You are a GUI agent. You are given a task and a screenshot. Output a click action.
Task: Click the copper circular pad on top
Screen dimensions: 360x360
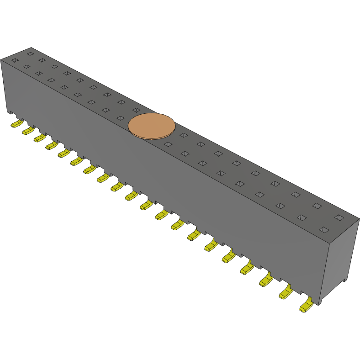coord(152,125)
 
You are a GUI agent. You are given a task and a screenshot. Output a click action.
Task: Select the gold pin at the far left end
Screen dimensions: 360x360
coord(17,123)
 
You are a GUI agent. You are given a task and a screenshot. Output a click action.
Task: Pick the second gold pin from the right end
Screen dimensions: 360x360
coord(286,292)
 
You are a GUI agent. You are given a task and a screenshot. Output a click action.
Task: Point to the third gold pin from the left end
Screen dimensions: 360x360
coord(39,138)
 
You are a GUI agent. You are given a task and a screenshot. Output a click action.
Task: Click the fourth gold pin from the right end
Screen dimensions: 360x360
coord(247,267)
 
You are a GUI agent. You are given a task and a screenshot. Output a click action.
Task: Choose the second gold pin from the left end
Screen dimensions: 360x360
coord(28,131)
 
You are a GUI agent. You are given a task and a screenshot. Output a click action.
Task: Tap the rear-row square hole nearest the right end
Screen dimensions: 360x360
coord(339,217)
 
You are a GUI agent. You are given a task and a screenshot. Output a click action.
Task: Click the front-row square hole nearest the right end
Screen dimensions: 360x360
coord(323,229)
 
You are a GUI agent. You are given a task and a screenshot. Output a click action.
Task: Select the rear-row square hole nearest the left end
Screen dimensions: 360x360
coord(30,54)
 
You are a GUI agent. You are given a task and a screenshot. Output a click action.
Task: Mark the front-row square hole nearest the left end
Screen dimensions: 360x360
coord(15,60)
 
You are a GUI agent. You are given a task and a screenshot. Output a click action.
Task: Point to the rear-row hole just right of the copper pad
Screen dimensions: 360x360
coord(184,135)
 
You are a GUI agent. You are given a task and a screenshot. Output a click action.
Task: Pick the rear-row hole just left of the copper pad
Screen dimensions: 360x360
coord(136,110)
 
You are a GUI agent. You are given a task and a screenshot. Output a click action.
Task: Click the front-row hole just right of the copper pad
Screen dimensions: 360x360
coord(168,144)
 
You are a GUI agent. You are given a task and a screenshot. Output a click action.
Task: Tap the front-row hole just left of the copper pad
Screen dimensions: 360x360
coord(120,118)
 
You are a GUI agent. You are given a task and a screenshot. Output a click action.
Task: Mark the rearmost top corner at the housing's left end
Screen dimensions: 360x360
coord(31,47)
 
